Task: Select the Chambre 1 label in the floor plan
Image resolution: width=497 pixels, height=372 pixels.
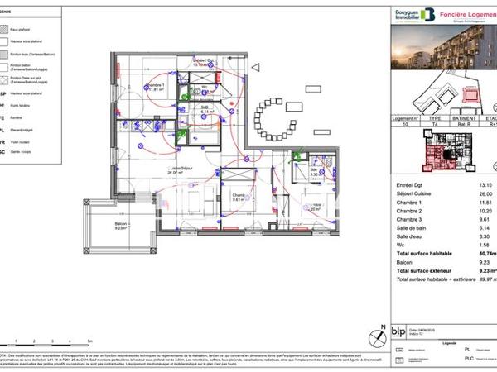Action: (154, 88)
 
